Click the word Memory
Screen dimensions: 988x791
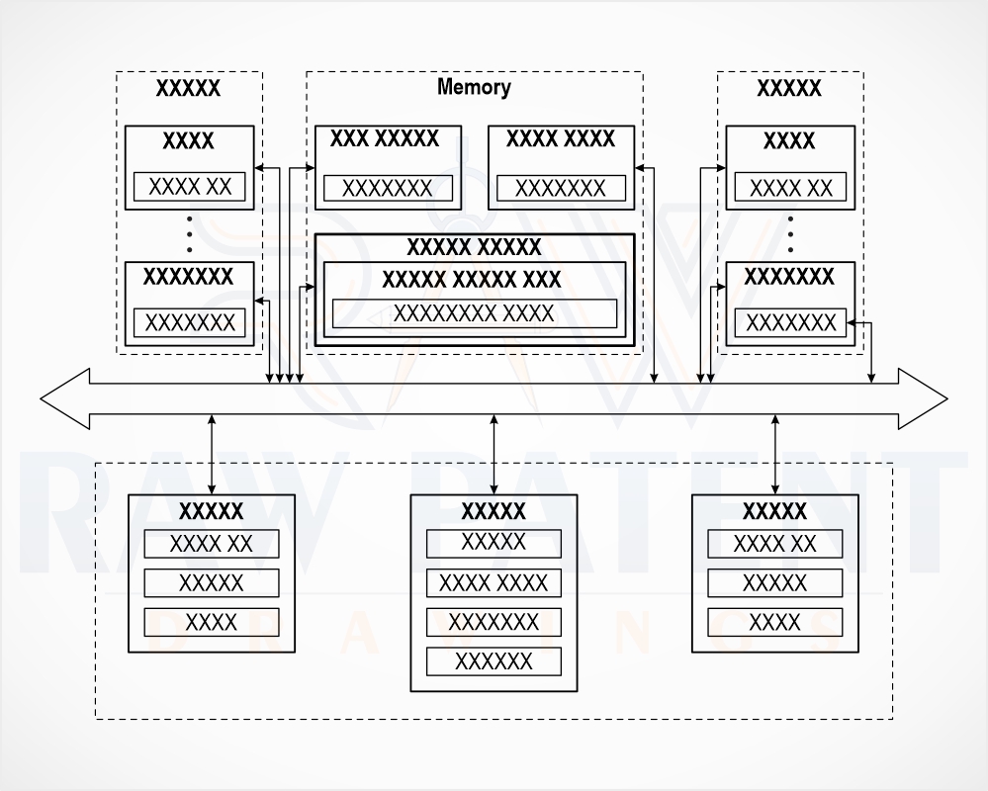click(x=474, y=87)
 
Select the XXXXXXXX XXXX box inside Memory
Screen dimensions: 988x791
click(x=475, y=313)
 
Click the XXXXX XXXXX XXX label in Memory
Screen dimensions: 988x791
click(x=472, y=279)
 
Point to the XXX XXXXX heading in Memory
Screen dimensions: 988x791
click(x=385, y=138)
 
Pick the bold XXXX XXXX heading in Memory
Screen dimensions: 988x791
click(x=560, y=138)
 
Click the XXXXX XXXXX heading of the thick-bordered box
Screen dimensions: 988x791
click(x=474, y=247)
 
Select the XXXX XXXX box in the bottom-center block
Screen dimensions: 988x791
click(x=494, y=583)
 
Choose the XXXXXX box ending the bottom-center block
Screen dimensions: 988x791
click(x=494, y=661)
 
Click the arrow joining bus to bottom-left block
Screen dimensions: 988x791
click(x=212, y=454)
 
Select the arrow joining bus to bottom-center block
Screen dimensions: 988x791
click(x=494, y=454)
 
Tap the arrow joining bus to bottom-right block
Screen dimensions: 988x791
click(x=775, y=454)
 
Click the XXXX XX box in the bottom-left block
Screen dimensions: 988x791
click(x=211, y=544)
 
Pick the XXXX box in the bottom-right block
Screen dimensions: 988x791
click(x=774, y=622)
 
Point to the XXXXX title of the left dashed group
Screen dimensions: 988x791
click(x=188, y=88)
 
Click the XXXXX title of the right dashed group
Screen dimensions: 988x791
click(x=789, y=88)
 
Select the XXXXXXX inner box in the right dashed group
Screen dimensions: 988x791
click(x=790, y=323)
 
